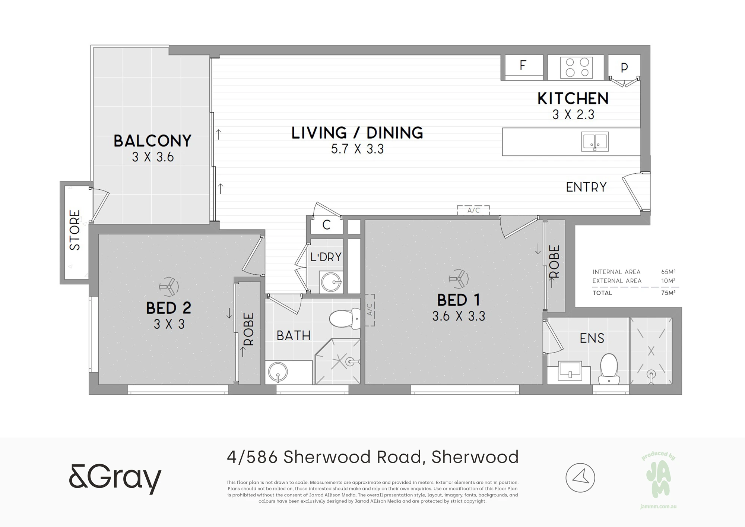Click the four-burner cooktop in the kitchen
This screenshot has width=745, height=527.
(577, 67)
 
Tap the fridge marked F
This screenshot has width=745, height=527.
(524, 67)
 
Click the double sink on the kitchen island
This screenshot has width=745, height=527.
(595, 142)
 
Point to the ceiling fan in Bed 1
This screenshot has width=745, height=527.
(459, 278)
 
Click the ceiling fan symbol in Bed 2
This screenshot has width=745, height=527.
(169, 287)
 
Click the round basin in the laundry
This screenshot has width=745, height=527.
(332, 282)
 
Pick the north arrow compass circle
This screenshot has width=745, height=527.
(580, 478)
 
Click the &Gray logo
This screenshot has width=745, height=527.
(115, 478)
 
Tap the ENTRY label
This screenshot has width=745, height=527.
(586, 187)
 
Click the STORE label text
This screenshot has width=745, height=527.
(75, 230)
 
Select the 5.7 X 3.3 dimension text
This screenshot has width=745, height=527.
(357, 149)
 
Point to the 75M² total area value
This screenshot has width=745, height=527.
(668, 293)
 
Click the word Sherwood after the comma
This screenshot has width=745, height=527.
(475, 457)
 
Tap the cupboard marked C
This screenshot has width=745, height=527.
(327, 225)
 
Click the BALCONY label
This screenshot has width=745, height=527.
(153, 141)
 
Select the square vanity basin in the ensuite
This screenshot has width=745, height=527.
(570, 371)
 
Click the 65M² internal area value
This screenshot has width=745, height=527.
(668, 272)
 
